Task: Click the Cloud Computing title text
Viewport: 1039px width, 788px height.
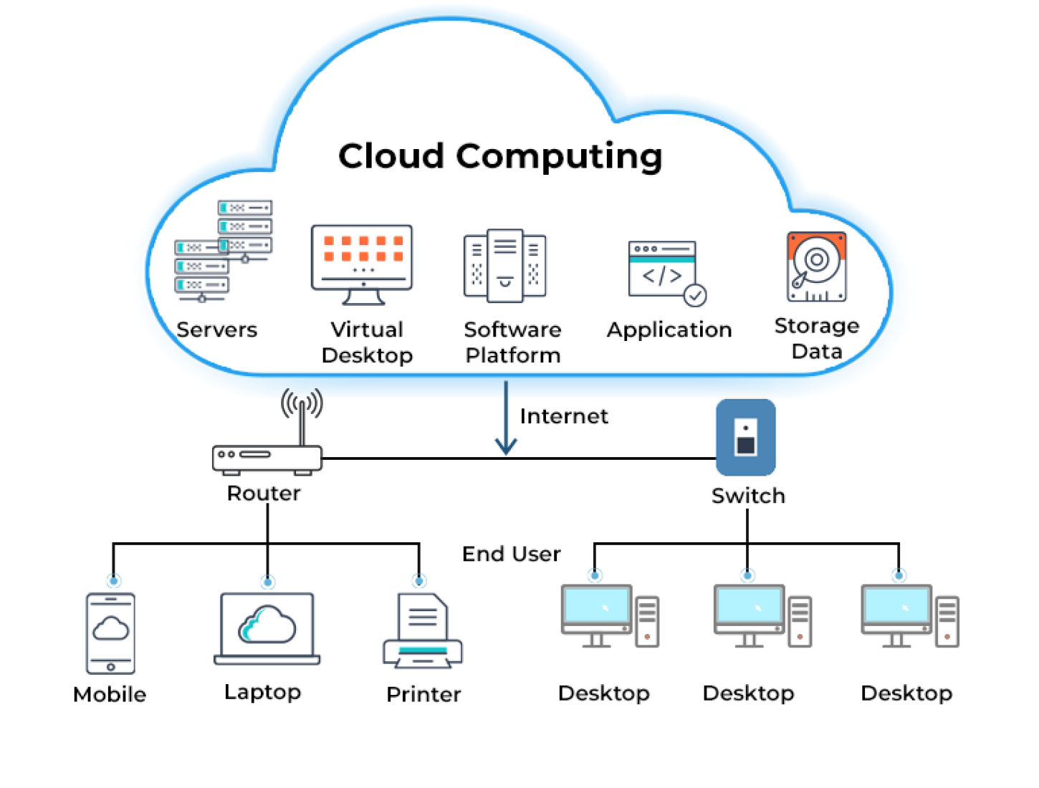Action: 500,157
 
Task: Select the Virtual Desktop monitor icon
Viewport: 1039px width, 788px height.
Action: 361,264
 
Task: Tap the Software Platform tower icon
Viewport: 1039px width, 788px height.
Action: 504,266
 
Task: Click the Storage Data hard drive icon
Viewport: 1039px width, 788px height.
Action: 817,266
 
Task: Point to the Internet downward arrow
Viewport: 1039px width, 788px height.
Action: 506,418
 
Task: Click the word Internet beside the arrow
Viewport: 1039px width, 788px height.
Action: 563,416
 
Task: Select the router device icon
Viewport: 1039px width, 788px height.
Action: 267,459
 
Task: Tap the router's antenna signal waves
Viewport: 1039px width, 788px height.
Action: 302,403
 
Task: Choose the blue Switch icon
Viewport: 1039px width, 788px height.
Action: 745,437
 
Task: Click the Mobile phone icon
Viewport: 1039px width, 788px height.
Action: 110,633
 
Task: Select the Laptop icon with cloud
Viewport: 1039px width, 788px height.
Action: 267,628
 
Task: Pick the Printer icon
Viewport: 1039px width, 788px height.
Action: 422,630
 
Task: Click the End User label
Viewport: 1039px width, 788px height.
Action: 511,554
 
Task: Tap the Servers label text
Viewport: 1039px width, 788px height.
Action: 216,330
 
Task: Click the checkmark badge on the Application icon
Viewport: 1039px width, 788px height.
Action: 695,295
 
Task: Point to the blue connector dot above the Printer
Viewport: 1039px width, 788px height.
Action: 419,581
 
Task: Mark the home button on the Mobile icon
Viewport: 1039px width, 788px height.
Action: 111,667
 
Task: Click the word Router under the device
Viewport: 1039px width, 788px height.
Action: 263,493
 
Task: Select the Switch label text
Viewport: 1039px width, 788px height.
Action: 748,496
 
